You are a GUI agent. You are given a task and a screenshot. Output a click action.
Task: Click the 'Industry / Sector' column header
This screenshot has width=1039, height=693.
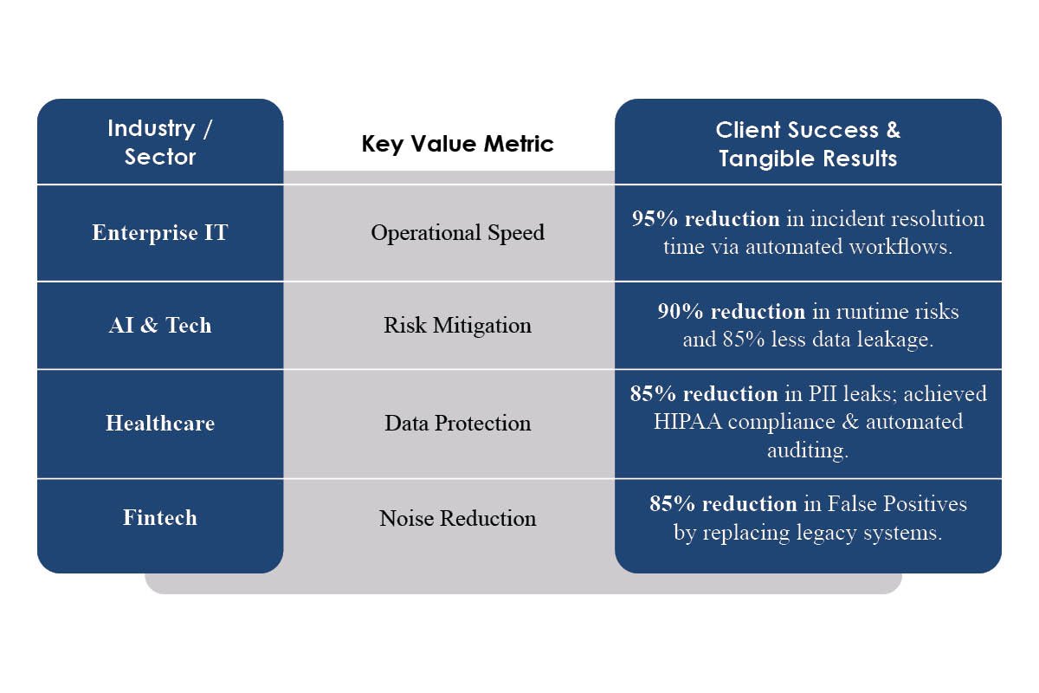pos(160,143)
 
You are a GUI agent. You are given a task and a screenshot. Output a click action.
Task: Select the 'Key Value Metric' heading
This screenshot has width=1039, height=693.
pos(457,144)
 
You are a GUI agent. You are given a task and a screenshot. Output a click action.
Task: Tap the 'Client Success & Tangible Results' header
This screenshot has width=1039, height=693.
pos(808,144)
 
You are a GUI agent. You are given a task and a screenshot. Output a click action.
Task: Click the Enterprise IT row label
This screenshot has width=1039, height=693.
pos(160,233)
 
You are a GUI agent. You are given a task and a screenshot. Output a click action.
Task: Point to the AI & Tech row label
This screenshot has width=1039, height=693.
pos(160,326)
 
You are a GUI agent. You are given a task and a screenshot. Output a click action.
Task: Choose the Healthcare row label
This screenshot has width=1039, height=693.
pos(160,424)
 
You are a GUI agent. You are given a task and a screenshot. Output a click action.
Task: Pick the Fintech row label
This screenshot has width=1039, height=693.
pos(160,518)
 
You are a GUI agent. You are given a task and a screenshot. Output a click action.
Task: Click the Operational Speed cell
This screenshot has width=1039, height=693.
pos(457,233)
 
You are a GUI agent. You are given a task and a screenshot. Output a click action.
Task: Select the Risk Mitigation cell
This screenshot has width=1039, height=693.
pos(457,326)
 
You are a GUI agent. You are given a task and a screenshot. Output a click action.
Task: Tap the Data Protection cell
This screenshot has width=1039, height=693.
pos(457,424)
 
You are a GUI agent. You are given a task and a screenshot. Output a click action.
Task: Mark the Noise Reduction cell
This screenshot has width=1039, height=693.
pos(457,519)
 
